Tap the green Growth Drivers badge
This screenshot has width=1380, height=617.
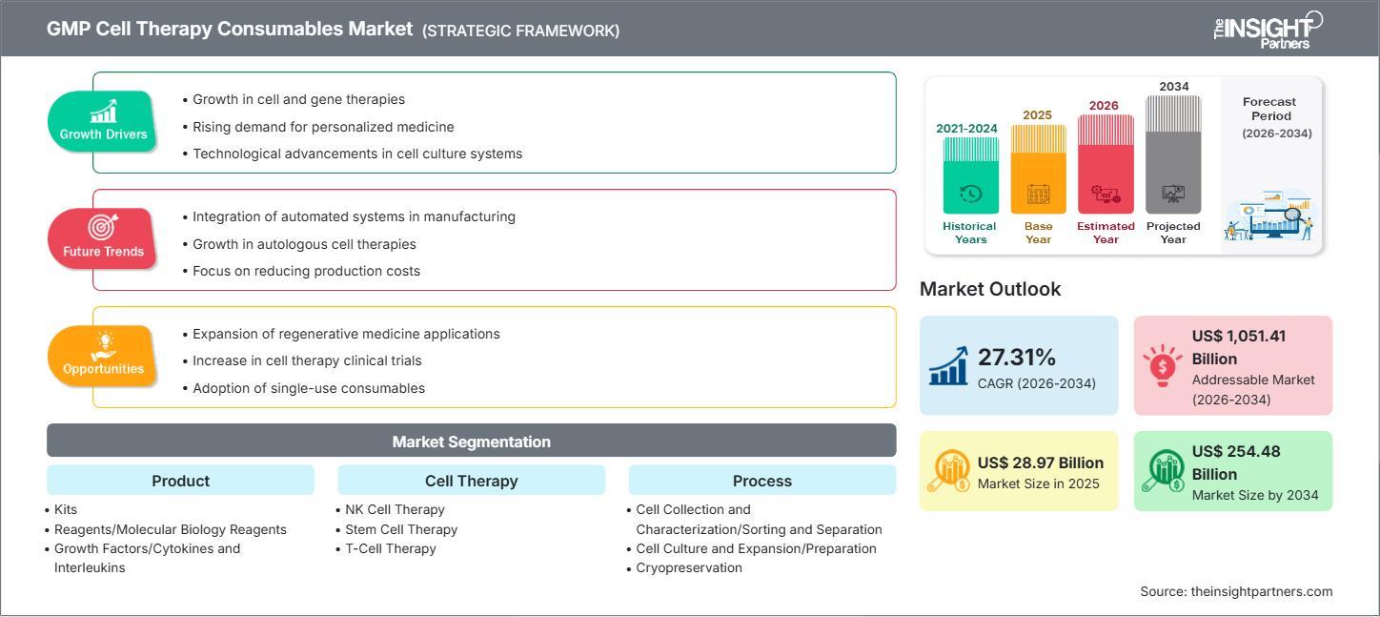[103, 121]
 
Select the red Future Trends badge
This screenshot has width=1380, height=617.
[103, 238]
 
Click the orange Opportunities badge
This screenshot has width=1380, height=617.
[103, 356]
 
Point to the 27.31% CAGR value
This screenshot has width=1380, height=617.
[1017, 358]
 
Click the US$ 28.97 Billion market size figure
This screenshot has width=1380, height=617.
[1040, 463]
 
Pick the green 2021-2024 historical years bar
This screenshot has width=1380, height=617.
[970, 175]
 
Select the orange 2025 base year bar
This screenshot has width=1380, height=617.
[1038, 169]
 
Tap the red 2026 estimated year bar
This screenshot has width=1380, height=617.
[1106, 163]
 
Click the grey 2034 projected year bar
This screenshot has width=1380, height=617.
[1173, 154]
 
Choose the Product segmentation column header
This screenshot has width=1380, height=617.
[180, 481]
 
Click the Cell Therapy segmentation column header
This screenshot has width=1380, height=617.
[471, 481]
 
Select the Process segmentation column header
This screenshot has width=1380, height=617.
[761, 481]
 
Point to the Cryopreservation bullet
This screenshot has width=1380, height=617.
[688, 568]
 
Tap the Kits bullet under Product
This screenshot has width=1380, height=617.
[66, 509]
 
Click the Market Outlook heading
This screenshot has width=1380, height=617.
[989, 289]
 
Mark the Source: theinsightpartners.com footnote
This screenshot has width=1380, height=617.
[1236, 591]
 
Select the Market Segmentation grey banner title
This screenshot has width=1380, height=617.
[471, 442]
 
